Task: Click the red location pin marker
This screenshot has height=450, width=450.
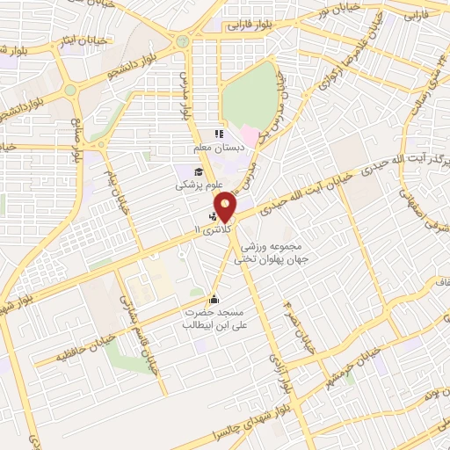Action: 225,207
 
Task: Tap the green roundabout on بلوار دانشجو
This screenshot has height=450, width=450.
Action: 183,41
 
